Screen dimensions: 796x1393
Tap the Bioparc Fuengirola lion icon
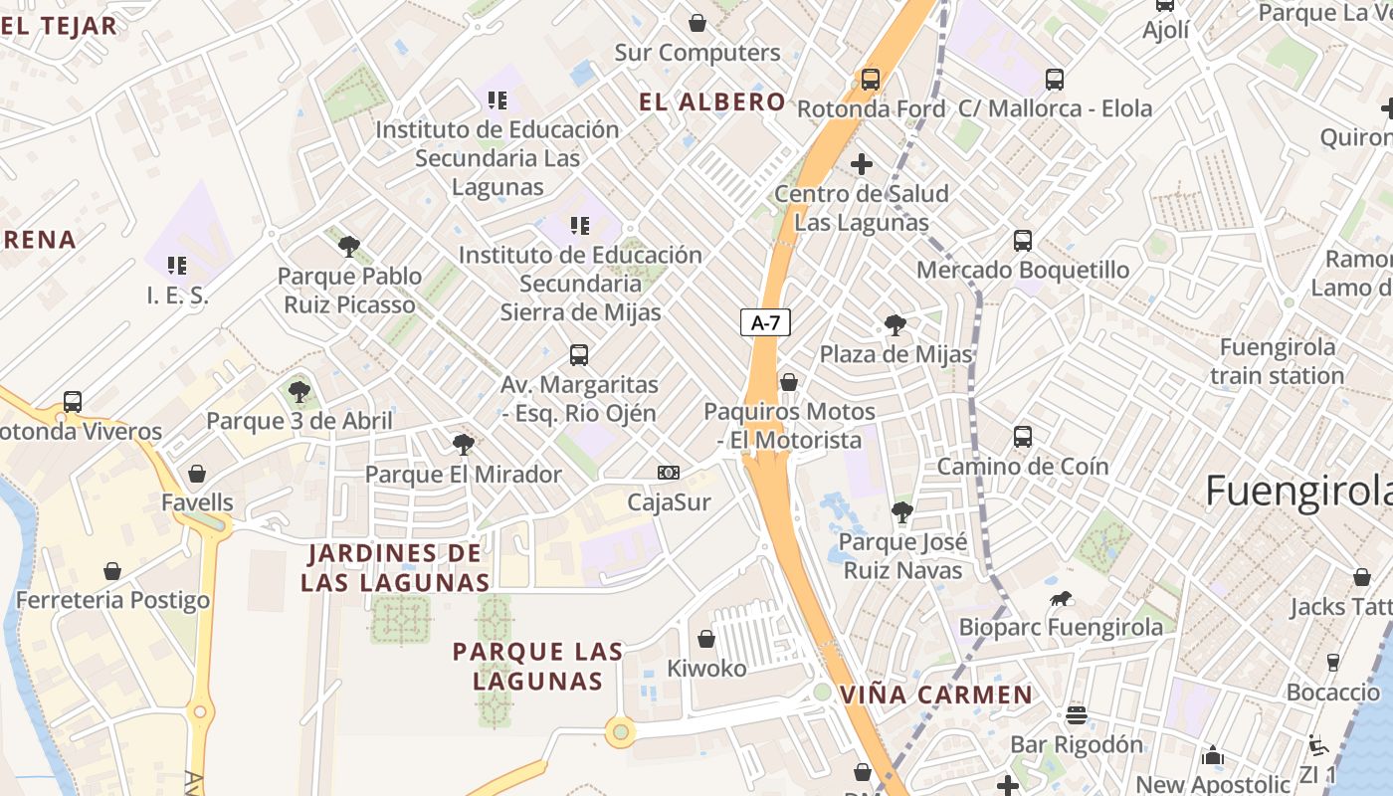click(x=1061, y=598)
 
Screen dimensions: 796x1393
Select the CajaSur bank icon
click(x=669, y=473)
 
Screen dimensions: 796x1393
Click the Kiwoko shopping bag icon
click(x=706, y=639)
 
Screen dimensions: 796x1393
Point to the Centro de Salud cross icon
click(x=862, y=164)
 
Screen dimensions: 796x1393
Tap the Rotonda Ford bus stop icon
click(x=871, y=80)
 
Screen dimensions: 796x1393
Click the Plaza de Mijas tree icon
click(x=895, y=324)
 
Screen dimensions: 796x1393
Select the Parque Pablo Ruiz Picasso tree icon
click(x=348, y=246)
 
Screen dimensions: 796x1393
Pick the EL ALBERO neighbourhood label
click(x=712, y=101)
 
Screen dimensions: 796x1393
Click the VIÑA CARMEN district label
click(x=936, y=695)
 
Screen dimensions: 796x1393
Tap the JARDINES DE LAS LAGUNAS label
click(x=395, y=567)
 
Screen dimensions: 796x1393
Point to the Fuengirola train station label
click(x=1278, y=361)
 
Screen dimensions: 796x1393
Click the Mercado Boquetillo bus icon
click(x=1023, y=241)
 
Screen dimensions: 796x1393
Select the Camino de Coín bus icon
click(x=1023, y=437)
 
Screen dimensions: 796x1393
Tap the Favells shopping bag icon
click(x=197, y=474)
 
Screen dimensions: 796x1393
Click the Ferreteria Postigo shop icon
click(x=112, y=571)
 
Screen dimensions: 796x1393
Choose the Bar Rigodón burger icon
click(x=1076, y=715)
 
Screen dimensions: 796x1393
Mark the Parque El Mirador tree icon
click(x=463, y=445)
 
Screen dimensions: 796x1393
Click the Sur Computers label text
click(x=697, y=53)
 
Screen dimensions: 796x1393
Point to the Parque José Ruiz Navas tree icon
click(x=902, y=512)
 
